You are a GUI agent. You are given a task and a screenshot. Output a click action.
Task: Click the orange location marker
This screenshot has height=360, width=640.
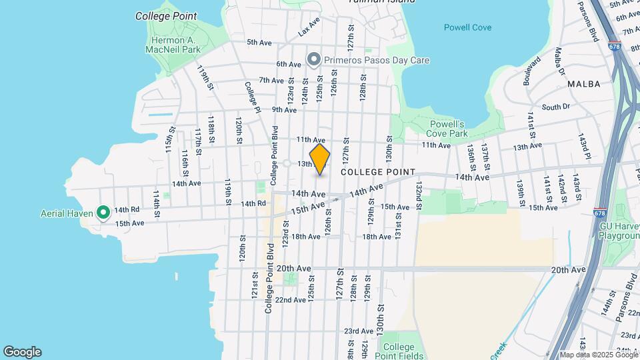coord(320,159)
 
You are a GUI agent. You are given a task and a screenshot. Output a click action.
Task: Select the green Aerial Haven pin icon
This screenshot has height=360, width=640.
coord(103,213)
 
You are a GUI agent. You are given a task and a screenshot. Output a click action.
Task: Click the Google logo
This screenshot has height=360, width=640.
coord(22,351)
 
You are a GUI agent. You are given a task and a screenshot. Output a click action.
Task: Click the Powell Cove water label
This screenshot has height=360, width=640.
coord(467,27)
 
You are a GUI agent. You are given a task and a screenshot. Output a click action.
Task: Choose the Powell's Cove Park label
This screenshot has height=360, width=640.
coord(447,129)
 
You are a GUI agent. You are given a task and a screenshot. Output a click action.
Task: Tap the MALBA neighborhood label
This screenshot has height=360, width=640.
coord(584,84)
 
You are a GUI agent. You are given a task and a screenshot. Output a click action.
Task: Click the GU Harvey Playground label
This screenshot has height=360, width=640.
coord(619,231)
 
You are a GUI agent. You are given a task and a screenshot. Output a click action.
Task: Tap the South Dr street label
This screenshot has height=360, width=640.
coord(555,107)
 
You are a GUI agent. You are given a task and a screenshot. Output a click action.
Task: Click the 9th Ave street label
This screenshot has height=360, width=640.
coord(284,110)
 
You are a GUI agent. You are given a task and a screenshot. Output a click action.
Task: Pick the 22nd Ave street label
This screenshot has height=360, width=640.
coord(290,299)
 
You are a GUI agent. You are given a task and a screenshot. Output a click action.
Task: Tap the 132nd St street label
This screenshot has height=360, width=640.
coord(419,194)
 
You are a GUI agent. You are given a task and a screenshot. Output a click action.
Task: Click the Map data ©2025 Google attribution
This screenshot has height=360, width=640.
coord(598,355)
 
